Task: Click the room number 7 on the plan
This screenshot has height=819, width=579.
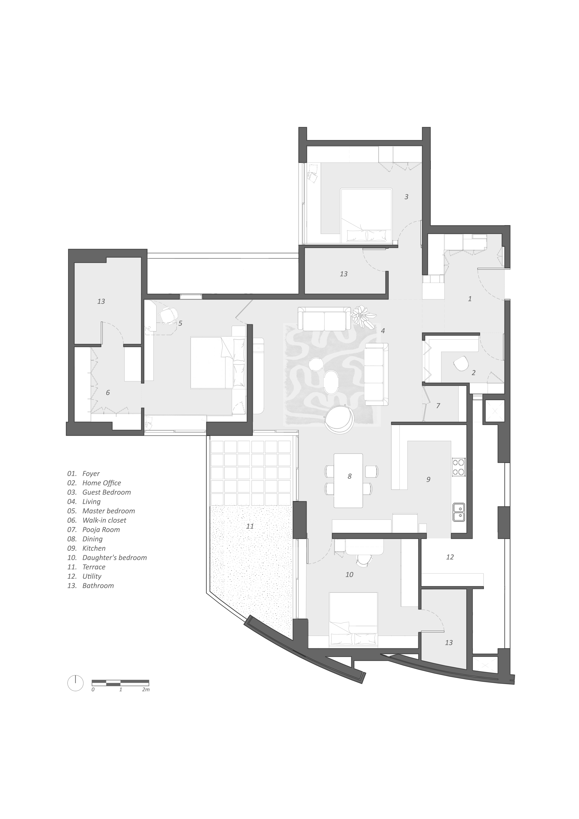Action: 438,406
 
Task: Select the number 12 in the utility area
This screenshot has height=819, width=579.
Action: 450,557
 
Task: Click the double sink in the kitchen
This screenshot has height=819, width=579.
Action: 459,512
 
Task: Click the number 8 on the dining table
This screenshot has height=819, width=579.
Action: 349,476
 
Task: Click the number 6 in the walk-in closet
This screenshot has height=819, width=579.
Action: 108,393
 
